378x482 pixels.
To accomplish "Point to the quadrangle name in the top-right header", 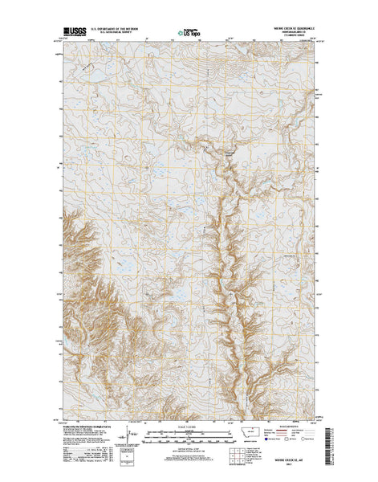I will pos(288,30).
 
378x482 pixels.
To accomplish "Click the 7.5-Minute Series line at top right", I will pos(288,38).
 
